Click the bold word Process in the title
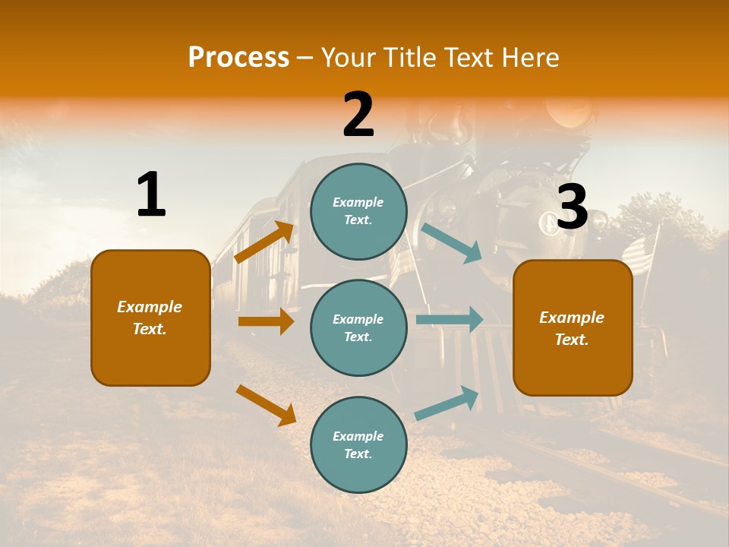(238, 58)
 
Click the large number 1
(151, 195)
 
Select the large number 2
(358, 115)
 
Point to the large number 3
(573, 207)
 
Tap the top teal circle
(358, 211)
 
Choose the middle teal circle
(358, 327)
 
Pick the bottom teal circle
(358, 444)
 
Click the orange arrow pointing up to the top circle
(264, 242)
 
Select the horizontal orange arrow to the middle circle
(266, 321)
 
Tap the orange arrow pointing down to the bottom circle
(266, 405)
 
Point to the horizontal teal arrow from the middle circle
(450, 319)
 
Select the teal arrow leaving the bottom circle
(447, 403)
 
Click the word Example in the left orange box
(150, 307)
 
